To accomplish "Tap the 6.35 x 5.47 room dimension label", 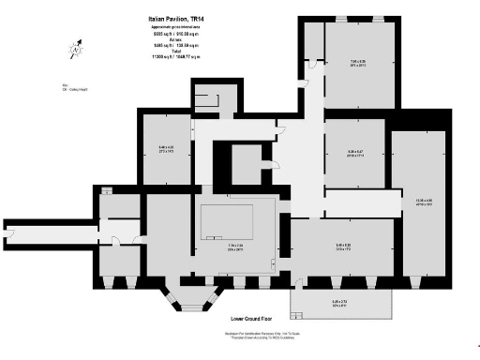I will point(355,153).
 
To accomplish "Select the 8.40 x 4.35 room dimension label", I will point(166,149).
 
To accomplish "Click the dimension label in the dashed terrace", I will point(341,303).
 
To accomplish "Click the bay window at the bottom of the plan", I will point(188,298).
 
